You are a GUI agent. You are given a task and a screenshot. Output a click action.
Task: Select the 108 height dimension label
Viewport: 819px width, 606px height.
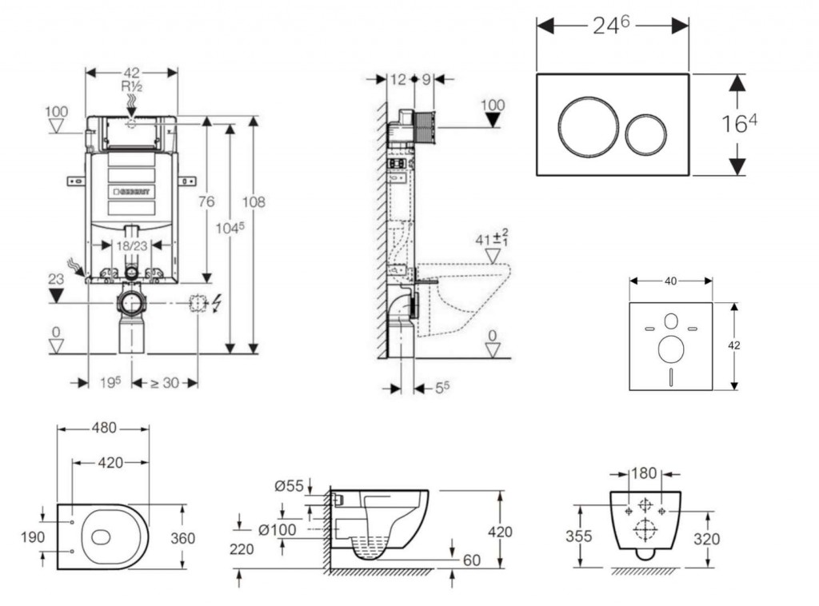pos(254,202)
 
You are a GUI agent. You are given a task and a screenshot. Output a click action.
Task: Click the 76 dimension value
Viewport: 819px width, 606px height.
pos(206,202)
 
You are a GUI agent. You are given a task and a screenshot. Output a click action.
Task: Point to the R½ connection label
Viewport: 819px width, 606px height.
pos(132,86)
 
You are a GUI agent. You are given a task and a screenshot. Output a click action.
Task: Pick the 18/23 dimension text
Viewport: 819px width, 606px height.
pos(131,246)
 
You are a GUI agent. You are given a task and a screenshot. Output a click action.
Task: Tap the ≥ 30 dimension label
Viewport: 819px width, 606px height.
pos(164,383)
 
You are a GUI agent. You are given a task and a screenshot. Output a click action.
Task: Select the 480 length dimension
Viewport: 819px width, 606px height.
pos(102,428)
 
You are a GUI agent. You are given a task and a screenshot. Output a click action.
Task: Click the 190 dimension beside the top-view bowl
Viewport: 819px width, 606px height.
pos(33,537)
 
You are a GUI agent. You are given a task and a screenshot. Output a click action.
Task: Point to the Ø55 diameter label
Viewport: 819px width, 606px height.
pos(289,485)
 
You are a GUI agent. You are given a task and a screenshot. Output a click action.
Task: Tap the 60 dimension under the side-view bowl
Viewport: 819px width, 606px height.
pos(472,560)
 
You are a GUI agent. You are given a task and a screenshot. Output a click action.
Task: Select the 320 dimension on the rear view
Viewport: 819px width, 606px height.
pos(705,539)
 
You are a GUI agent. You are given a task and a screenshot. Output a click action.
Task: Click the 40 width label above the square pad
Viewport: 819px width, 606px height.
pos(670,281)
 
